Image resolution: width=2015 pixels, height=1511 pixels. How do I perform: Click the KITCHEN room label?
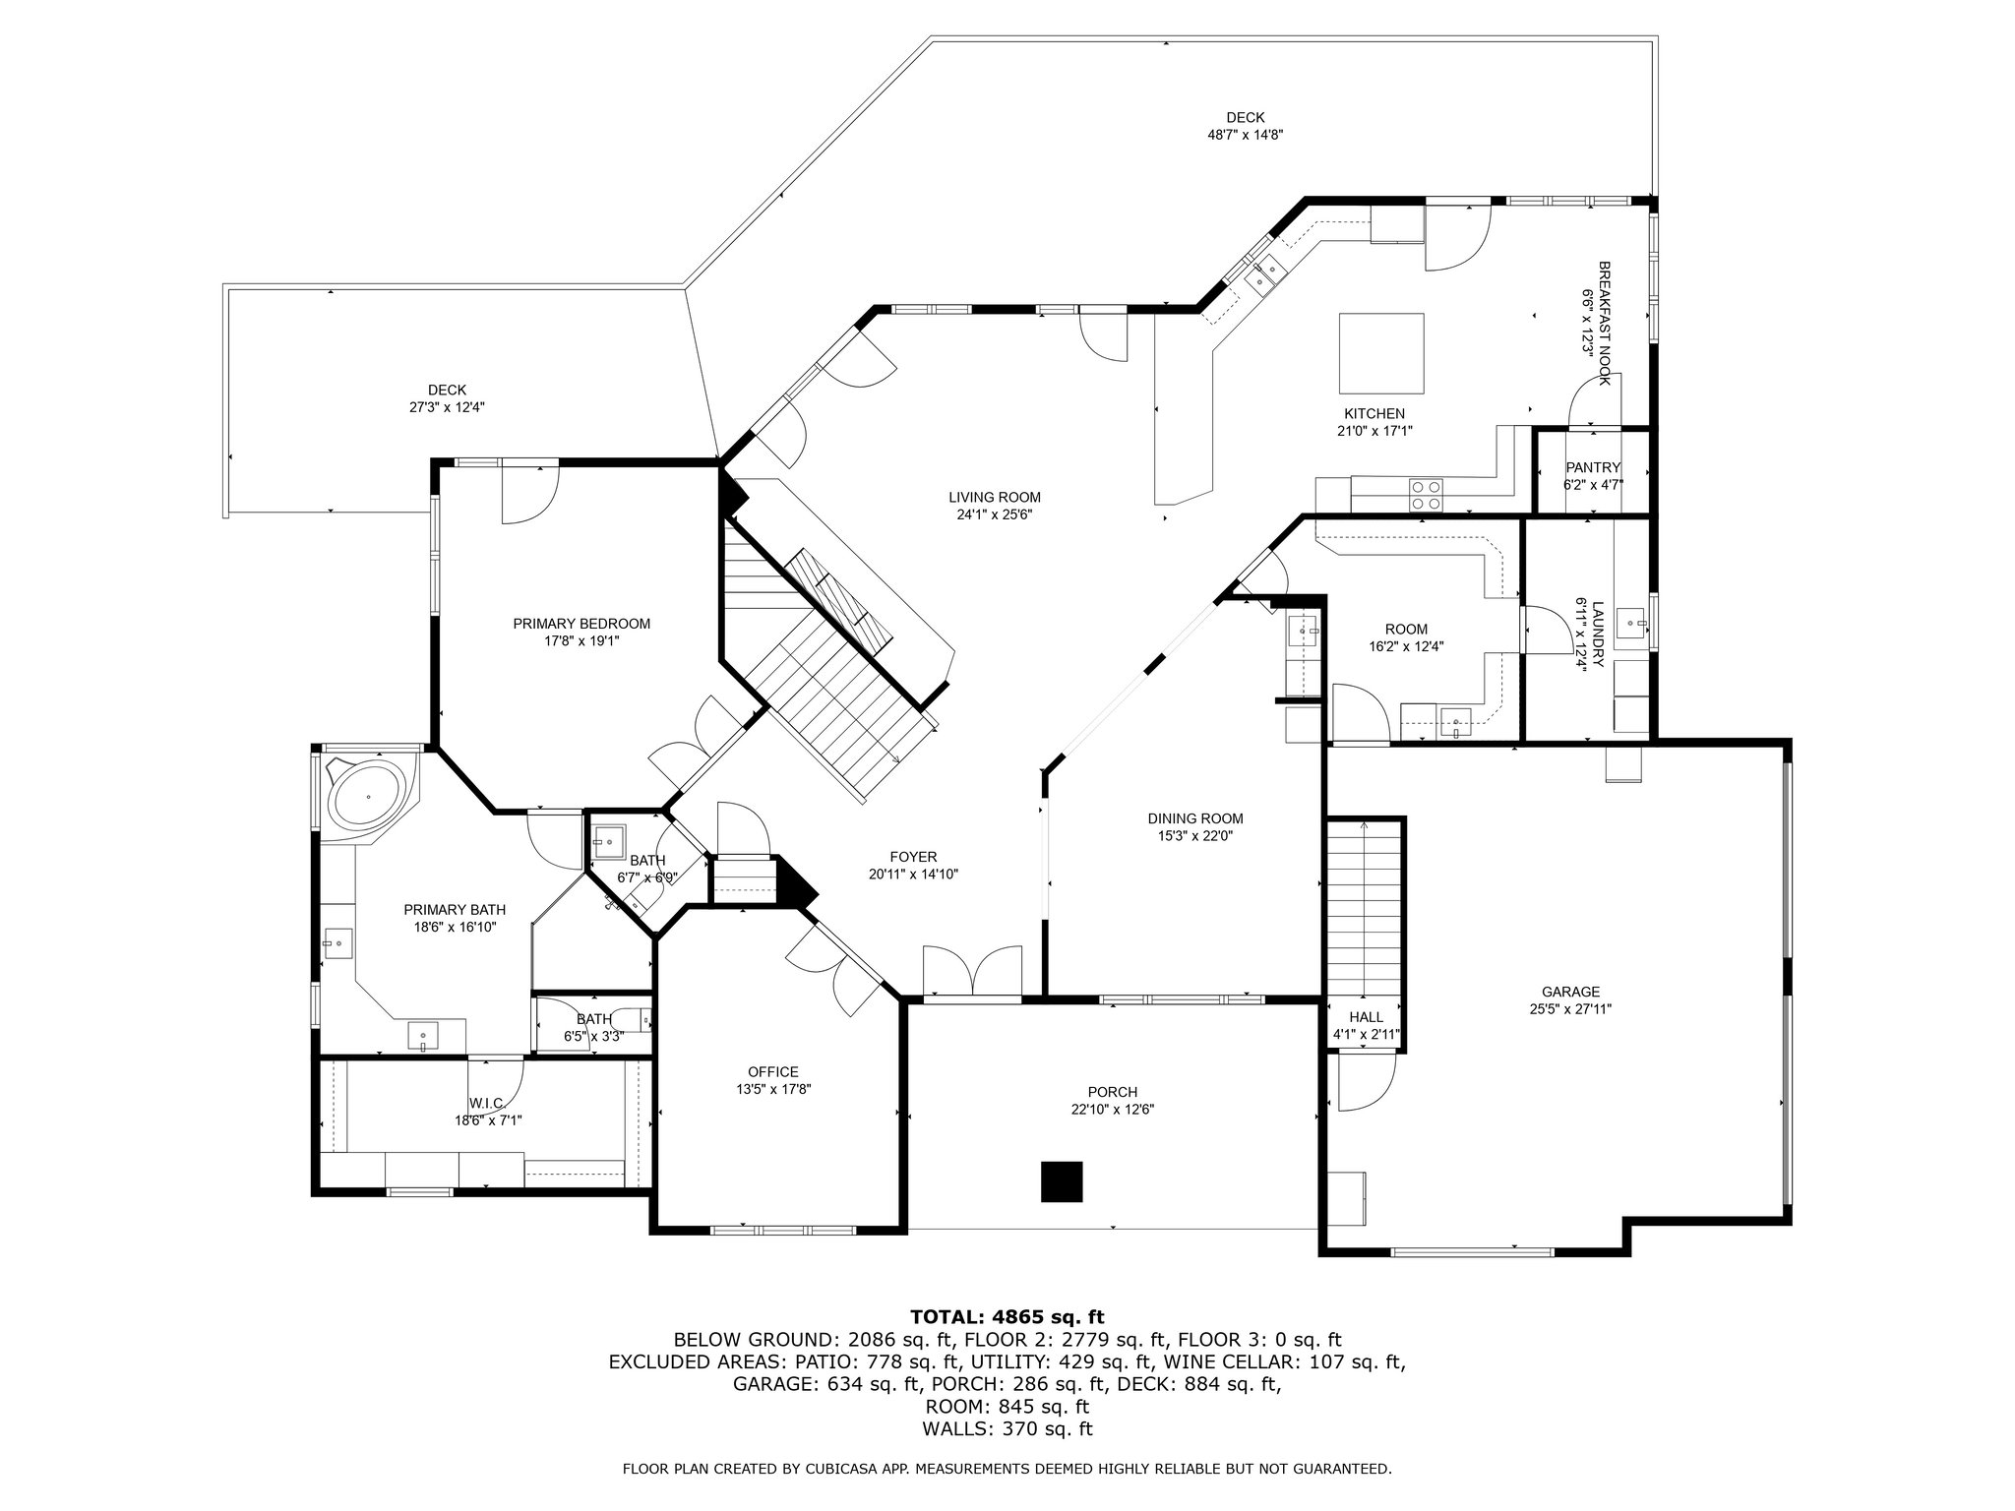(1374, 414)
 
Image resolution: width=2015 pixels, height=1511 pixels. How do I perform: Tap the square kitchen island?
(1382, 353)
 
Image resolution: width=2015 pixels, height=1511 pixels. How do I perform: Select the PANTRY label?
(1593, 468)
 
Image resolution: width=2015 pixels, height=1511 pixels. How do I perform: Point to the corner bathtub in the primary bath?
(370, 796)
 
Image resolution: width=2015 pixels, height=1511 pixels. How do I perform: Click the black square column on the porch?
(1063, 1181)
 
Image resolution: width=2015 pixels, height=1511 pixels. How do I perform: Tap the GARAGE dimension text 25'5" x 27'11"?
(1570, 1008)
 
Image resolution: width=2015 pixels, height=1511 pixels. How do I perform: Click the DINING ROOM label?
(1195, 818)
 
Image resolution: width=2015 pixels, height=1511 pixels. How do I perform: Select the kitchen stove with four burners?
(1427, 495)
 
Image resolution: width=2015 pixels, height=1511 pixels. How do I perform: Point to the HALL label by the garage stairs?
(1366, 1017)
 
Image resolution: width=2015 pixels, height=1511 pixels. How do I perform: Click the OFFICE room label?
(773, 1072)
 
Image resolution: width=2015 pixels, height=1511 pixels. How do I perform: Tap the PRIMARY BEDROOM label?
(581, 624)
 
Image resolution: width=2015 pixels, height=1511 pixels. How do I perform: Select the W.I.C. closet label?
(488, 1103)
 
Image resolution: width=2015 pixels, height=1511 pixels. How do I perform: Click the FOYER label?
(913, 857)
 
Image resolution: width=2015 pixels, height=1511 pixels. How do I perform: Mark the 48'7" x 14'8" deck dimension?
(1246, 135)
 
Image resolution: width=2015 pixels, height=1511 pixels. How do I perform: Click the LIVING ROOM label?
(995, 497)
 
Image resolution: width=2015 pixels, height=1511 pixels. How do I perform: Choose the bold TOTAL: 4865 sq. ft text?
(1007, 1317)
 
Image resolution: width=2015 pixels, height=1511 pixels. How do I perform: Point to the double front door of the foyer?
(973, 972)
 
